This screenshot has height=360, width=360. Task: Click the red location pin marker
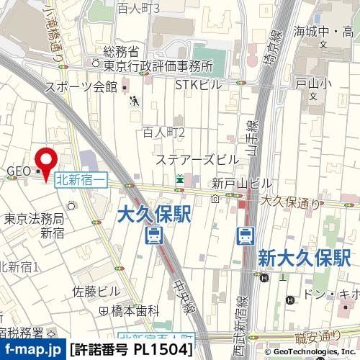pyautogui.click(x=48, y=162)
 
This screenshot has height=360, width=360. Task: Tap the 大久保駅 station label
pyautogui.click(x=153, y=213)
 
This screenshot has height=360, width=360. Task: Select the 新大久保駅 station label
pyautogui.click(x=303, y=256)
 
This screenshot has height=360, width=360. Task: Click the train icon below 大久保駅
pyautogui.click(x=153, y=235)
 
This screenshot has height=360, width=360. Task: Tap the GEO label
pyautogui.click(x=17, y=171)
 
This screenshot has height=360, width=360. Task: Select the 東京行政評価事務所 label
pyautogui.click(x=158, y=66)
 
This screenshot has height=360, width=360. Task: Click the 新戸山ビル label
pyautogui.click(x=232, y=183)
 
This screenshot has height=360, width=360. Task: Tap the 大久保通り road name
pyautogui.click(x=289, y=203)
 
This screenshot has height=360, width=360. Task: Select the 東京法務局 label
pyautogui.click(x=35, y=218)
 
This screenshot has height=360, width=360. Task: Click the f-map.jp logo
pyautogui.click(x=32, y=350)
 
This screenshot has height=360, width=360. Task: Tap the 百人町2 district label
pyautogui.click(x=164, y=132)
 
